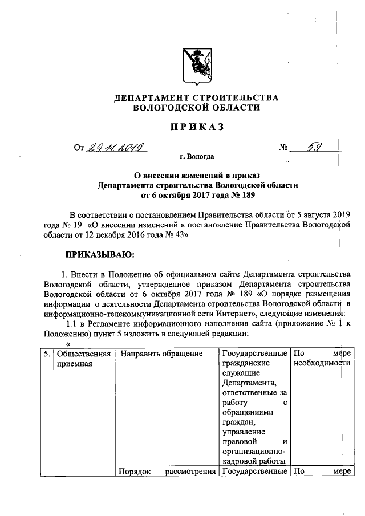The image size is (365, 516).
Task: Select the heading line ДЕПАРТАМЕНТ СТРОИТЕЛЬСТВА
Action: point(197,97)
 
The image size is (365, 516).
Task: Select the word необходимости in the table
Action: point(320,364)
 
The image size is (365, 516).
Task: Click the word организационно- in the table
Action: point(253,451)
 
